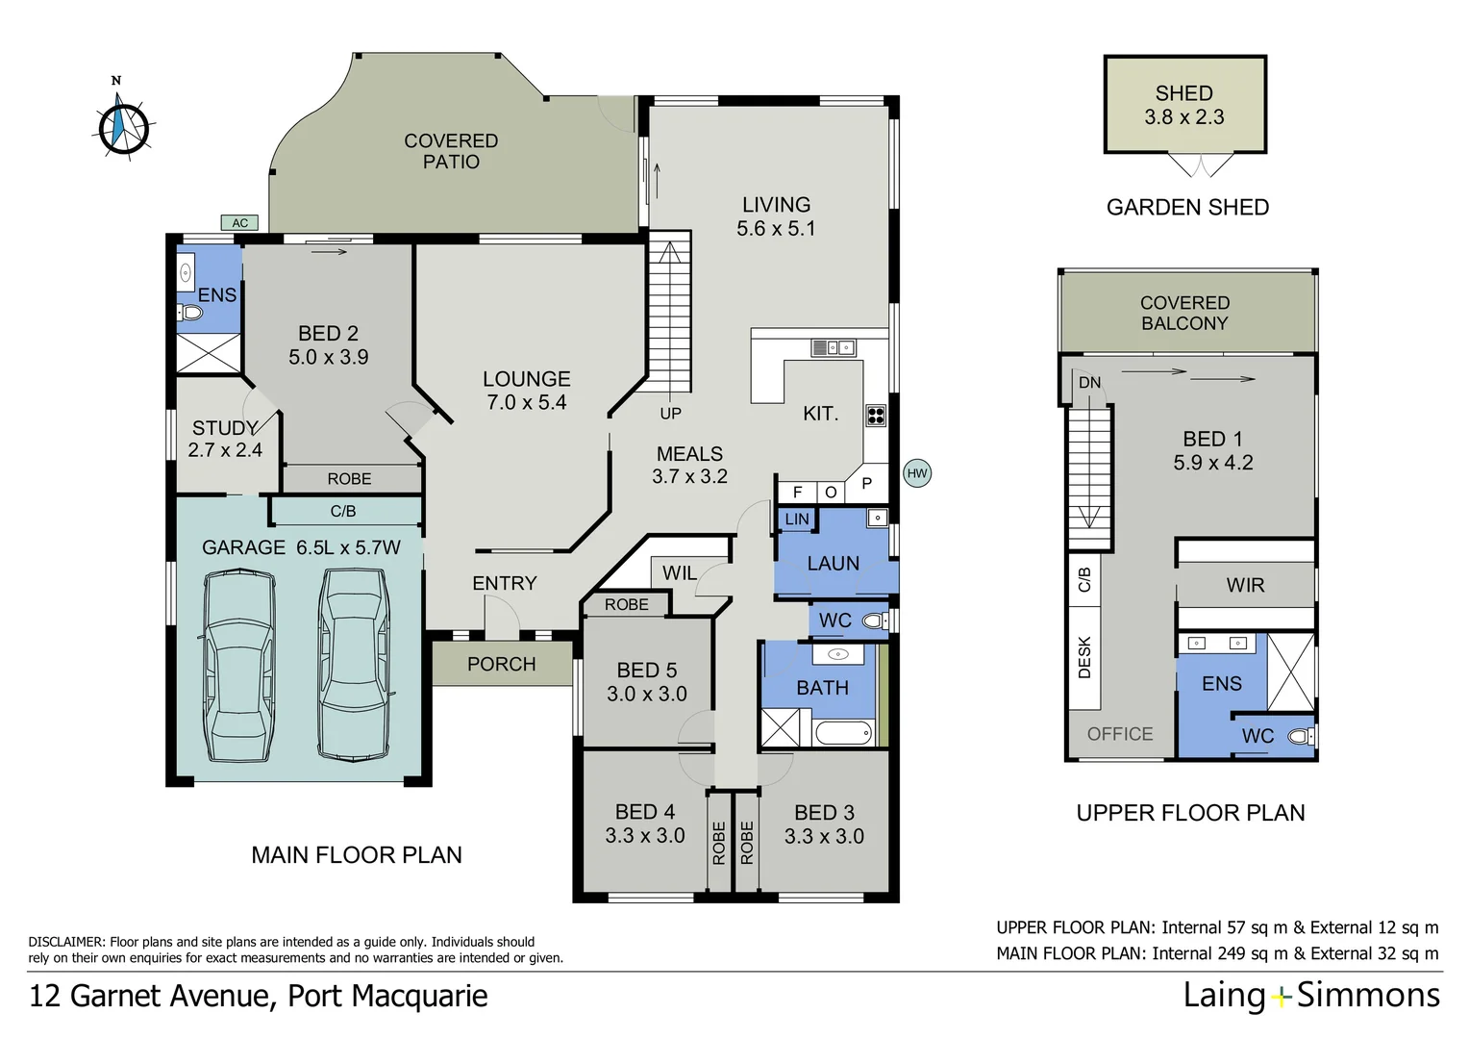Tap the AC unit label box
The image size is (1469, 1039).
click(240, 223)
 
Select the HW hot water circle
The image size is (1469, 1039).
click(917, 472)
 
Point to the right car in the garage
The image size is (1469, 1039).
click(354, 663)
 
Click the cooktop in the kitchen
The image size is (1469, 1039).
click(875, 416)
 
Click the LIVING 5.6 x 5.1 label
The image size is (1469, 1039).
click(776, 216)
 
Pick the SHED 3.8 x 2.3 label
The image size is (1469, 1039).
click(1183, 105)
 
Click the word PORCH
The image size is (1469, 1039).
click(501, 664)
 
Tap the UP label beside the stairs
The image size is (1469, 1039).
click(670, 414)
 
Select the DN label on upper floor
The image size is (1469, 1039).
click(1089, 383)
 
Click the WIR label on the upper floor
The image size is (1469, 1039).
click(1245, 585)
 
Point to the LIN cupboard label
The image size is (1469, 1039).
click(797, 519)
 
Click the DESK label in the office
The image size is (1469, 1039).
click(1084, 657)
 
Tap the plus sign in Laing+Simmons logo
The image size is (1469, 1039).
click(1281, 997)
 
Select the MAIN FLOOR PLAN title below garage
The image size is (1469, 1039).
click(357, 854)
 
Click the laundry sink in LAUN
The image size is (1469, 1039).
click(877, 519)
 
